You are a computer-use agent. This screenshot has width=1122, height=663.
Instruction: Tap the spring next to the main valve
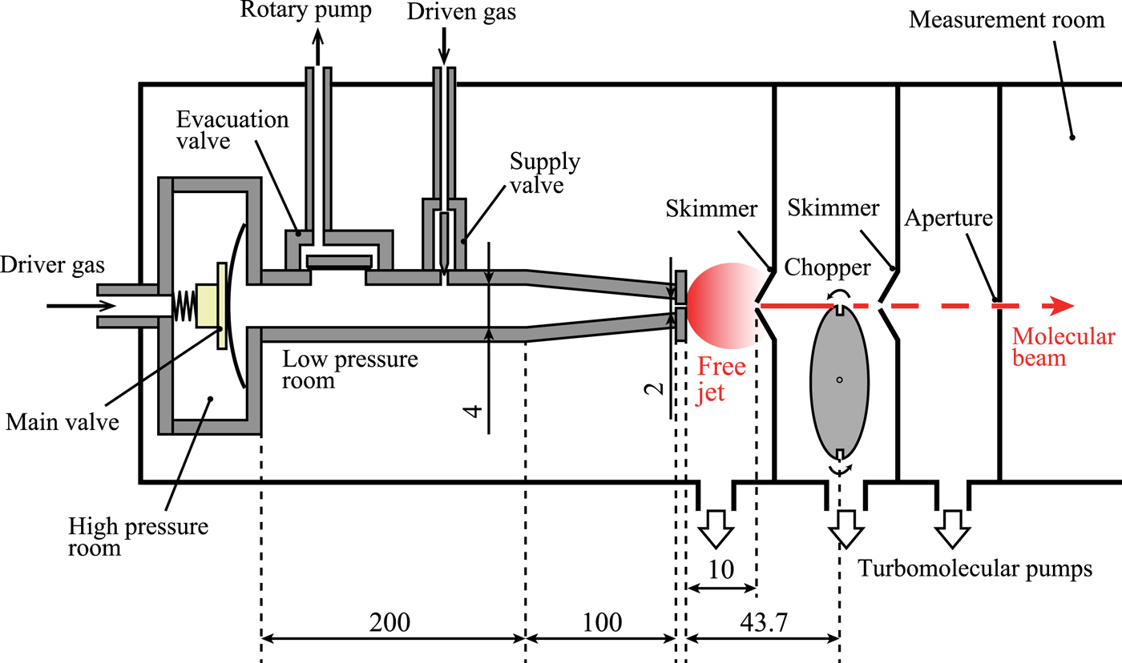coord(184,306)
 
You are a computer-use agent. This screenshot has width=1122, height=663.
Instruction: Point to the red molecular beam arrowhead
coord(1063,306)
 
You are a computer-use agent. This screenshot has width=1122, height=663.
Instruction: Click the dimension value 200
coord(393,622)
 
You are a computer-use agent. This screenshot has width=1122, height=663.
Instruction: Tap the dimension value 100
coord(599,622)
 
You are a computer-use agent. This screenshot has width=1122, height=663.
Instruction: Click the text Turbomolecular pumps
coord(975,569)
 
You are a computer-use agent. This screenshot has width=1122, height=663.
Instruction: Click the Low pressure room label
coord(350,369)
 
